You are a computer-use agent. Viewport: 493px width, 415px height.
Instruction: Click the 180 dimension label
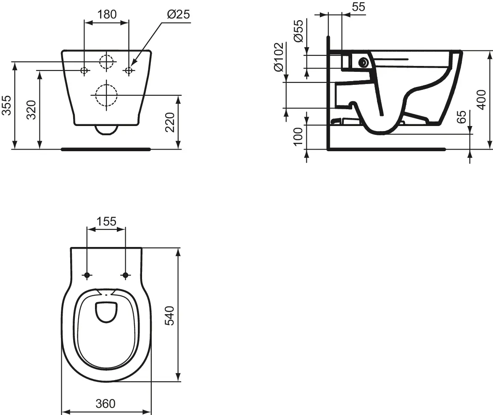107,14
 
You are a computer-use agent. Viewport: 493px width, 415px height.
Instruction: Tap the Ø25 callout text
178,14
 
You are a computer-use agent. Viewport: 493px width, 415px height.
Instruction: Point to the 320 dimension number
32,110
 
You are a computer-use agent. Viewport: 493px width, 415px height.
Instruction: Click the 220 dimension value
170,122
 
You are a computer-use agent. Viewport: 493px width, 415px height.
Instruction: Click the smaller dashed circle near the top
107,62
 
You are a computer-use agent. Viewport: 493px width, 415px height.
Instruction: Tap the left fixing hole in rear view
84,70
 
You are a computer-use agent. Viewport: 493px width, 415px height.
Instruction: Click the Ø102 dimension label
278,57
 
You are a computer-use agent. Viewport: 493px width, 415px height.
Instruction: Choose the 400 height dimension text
482,100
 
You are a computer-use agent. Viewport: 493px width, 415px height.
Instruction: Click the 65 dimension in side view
461,117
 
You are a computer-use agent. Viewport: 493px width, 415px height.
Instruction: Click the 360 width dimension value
105,404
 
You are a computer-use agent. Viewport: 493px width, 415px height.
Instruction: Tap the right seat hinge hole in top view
125,275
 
